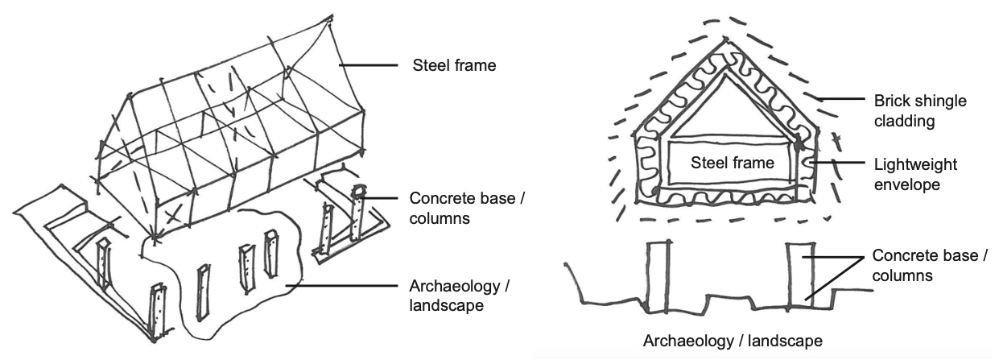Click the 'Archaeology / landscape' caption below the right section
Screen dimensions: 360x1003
(733, 339)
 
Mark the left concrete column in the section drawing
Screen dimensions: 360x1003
(658, 275)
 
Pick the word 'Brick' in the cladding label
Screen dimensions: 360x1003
(891, 104)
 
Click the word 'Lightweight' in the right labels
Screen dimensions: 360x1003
(915, 164)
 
